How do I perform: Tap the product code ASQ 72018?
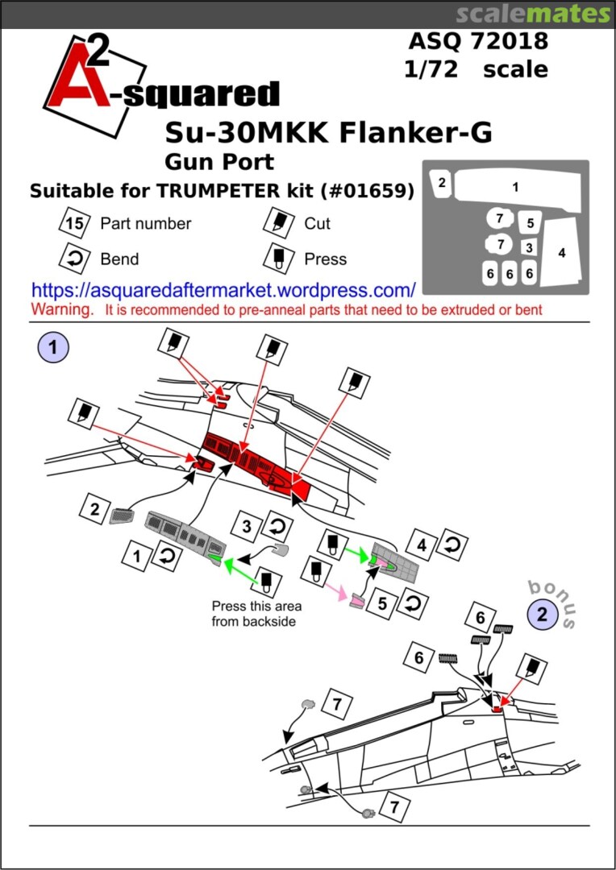(x=478, y=40)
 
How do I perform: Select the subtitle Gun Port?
(x=219, y=161)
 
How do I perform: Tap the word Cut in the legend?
(x=317, y=223)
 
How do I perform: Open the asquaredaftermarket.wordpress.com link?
(x=223, y=290)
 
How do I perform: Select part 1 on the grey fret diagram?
(x=514, y=187)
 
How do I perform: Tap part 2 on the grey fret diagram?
(x=442, y=183)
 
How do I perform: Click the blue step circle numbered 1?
(x=53, y=348)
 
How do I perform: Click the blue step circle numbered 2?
(x=543, y=615)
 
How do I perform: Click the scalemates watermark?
(x=533, y=14)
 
